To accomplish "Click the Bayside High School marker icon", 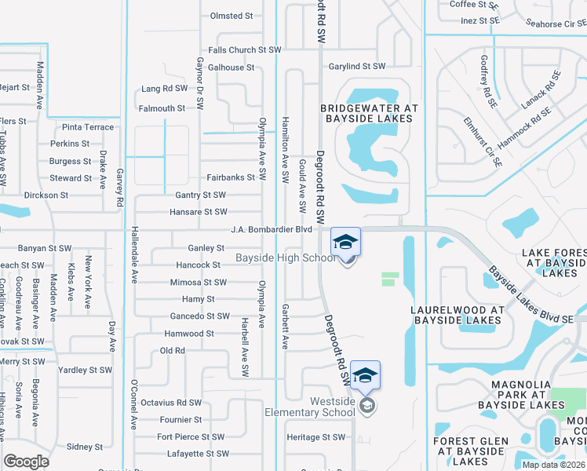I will [345, 244].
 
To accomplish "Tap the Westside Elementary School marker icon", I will [366, 378].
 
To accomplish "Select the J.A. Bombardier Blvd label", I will [272, 230].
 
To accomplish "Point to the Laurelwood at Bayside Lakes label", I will [457, 315].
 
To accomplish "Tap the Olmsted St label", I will [232, 15].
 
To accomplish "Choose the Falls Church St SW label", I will [245, 49].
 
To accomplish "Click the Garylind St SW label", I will [357, 67].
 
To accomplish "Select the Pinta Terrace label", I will [88, 127].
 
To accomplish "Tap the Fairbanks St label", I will [232, 177].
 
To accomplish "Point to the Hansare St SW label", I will [199, 212].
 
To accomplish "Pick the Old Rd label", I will [172, 350].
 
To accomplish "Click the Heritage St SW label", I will [315, 437].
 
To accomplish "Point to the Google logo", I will [26, 462].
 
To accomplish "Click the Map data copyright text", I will [553, 465].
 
